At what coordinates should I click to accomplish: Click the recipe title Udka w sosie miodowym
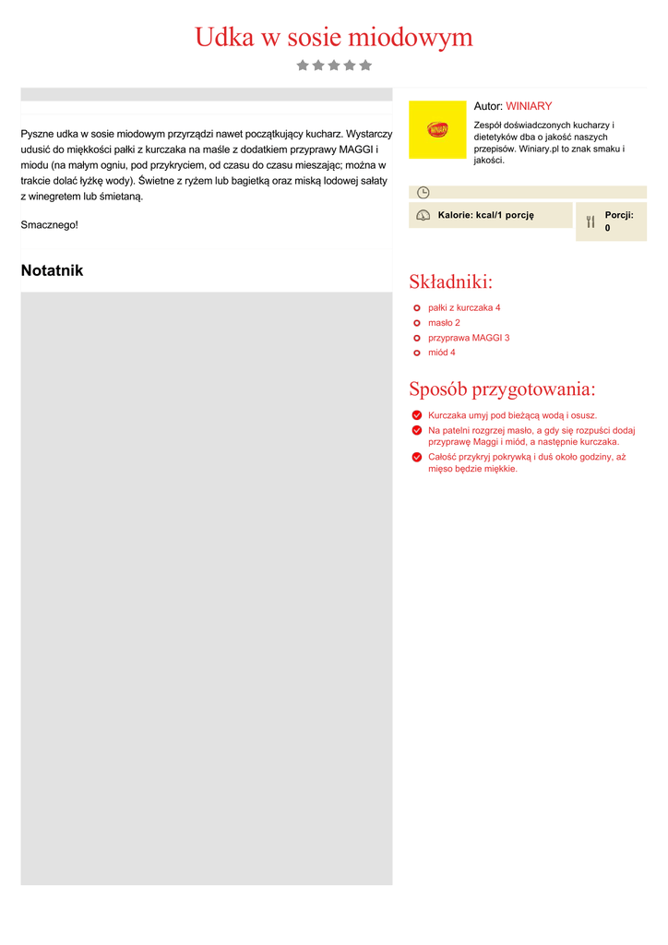pyautogui.click(x=333, y=38)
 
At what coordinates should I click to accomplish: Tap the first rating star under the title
pyautogui.click(x=303, y=66)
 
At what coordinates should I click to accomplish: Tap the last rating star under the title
pyautogui.click(x=365, y=66)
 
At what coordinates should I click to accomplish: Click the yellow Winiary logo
pyautogui.click(x=437, y=129)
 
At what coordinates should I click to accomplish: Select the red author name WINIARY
pyautogui.click(x=529, y=106)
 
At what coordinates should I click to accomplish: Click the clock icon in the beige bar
pyautogui.click(x=423, y=192)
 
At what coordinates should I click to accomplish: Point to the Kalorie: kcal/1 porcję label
pyautogui.click(x=485, y=215)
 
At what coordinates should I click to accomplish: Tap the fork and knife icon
pyautogui.click(x=590, y=221)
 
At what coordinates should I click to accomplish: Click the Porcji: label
pyautogui.click(x=619, y=215)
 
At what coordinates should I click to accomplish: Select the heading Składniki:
pyautogui.click(x=450, y=281)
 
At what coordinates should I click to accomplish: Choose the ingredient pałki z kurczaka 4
pyautogui.click(x=464, y=307)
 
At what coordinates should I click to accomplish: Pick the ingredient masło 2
pyautogui.click(x=444, y=323)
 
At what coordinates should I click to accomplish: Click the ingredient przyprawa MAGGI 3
pyautogui.click(x=469, y=338)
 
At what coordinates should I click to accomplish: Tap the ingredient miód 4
pyautogui.click(x=442, y=353)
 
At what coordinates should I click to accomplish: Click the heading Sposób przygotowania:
pyautogui.click(x=502, y=389)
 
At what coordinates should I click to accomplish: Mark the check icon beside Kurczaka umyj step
pyautogui.click(x=417, y=415)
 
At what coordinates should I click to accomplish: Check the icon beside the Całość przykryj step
pyautogui.click(x=417, y=457)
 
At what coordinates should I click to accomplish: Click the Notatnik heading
pyautogui.click(x=52, y=270)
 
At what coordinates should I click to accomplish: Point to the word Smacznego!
pyautogui.click(x=50, y=224)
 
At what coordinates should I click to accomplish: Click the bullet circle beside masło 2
pyautogui.click(x=417, y=323)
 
